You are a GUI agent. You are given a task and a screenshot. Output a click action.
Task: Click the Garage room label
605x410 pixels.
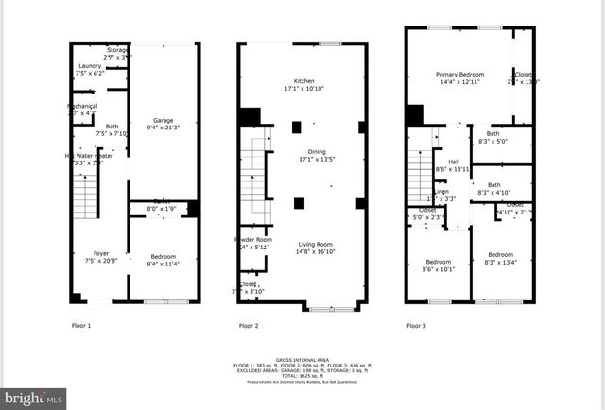[x=164, y=121]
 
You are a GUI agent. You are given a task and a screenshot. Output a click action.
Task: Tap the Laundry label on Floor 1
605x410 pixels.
[x=91, y=65]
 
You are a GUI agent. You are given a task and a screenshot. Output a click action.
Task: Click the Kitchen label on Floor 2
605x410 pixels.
[x=303, y=80]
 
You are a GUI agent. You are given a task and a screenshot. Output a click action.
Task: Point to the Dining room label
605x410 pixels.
[x=303, y=151]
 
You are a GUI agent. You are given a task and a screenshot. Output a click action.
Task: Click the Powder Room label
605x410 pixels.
[x=252, y=240]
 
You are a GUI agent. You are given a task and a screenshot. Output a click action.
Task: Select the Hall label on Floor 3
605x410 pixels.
[x=454, y=162]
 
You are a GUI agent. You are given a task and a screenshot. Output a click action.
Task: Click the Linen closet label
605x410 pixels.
[x=441, y=192]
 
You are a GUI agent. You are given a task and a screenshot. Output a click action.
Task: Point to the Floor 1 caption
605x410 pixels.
[x=82, y=325]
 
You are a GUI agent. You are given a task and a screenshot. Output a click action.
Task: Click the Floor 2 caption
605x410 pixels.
[x=249, y=325]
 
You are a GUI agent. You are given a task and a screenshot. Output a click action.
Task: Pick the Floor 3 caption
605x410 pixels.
[x=417, y=325]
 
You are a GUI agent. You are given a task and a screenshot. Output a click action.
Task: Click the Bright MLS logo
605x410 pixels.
[x=33, y=399]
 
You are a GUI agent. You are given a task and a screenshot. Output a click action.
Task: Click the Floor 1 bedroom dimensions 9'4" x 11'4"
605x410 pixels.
[x=164, y=264]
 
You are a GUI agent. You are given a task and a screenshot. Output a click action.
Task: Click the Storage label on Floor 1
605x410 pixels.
[x=117, y=49]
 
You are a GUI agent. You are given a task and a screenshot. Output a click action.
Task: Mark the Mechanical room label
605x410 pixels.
[x=82, y=106]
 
